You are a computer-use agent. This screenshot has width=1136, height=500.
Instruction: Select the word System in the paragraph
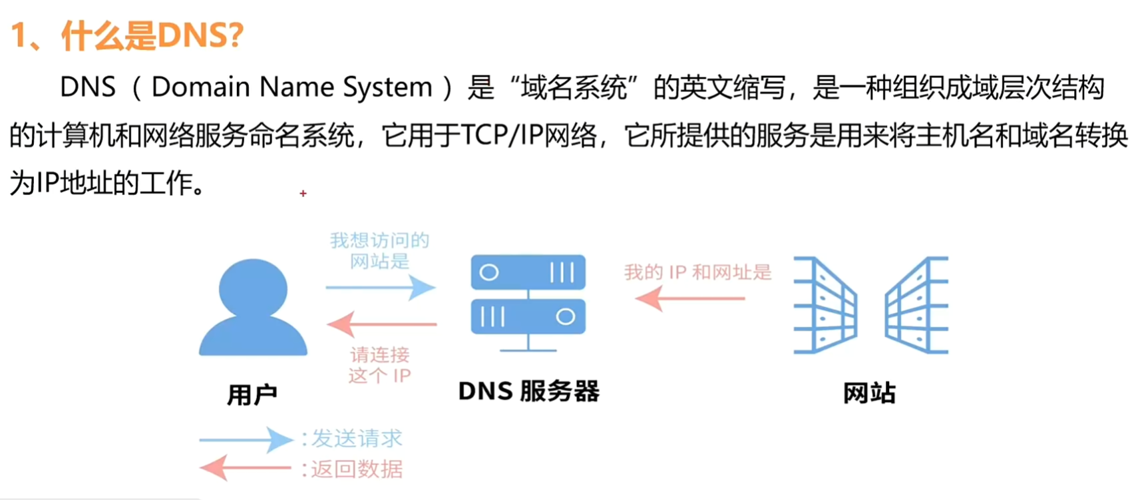[x=387, y=87]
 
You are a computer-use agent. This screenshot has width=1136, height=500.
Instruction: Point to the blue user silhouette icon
[x=253, y=308]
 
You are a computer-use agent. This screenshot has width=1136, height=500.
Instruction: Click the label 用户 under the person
[x=252, y=395]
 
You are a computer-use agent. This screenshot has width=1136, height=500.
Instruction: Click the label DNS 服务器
[x=528, y=391]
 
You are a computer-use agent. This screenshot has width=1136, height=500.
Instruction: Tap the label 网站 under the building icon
[x=869, y=393]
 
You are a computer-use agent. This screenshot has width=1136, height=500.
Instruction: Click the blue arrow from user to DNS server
[x=380, y=288]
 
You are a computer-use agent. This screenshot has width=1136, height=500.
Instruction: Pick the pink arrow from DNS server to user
[x=381, y=324]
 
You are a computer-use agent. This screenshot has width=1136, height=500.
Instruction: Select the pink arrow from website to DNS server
[x=689, y=298]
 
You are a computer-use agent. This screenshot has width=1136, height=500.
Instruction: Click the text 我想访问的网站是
[x=379, y=250]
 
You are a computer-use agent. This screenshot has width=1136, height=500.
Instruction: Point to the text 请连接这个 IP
[x=379, y=365]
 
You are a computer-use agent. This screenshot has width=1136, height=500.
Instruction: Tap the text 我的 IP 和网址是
[x=697, y=272]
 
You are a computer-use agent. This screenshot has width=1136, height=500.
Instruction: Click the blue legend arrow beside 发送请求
[x=246, y=439]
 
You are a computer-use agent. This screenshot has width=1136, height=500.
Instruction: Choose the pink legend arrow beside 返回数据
[x=246, y=468]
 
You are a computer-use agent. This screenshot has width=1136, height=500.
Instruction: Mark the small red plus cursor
[x=303, y=193]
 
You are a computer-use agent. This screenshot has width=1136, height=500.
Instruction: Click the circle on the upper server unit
[x=489, y=272]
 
